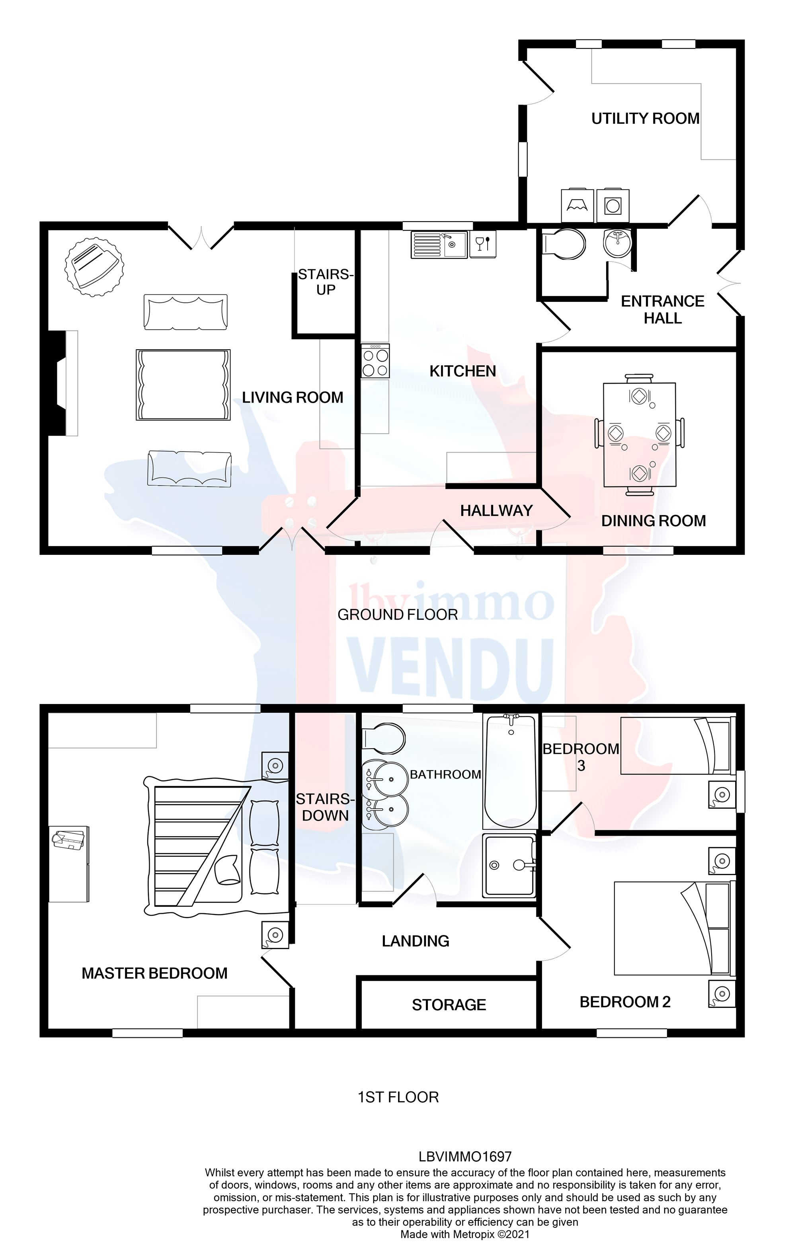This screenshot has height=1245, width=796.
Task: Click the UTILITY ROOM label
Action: (645, 119)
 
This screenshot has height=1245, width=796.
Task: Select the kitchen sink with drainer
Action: (439, 245)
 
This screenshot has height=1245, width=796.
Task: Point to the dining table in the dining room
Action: (639, 435)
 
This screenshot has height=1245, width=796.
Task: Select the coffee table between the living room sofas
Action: (183, 385)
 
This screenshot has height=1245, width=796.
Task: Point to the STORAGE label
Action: (449, 1005)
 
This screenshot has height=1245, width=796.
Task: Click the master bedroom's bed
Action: (217, 847)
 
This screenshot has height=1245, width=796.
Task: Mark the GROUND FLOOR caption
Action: (397, 615)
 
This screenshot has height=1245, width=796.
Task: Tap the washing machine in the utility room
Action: (613, 205)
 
